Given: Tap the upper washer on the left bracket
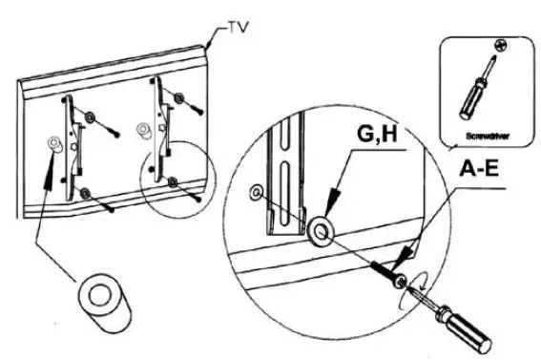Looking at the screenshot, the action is [89, 117].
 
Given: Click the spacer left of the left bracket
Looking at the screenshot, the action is [53, 144].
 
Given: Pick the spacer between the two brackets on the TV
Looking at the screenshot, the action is [142, 125].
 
